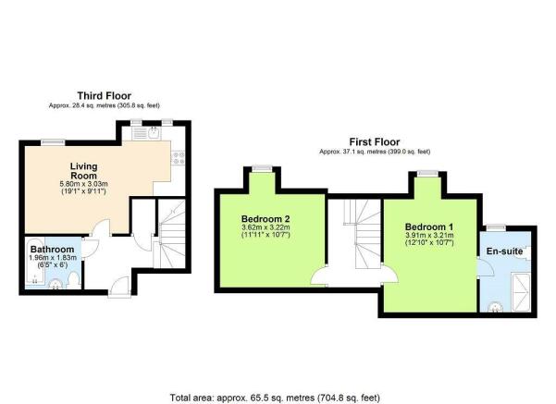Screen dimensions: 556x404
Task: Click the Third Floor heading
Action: click(x=105, y=96)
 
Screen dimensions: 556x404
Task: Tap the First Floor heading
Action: click(x=375, y=142)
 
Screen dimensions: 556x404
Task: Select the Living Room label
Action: click(x=83, y=171)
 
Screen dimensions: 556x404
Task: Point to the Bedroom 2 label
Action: click(x=266, y=219)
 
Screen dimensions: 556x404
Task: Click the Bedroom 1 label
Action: click(x=429, y=226)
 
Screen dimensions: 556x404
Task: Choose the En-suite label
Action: click(x=504, y=251)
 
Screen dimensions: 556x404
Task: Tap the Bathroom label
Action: click(x=52, y=249)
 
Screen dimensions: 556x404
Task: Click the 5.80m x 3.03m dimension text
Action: click(x=83, y=184)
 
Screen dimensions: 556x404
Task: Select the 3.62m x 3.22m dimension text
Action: click(x=266, y=227)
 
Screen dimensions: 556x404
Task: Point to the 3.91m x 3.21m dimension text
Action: click(x=429, y=236)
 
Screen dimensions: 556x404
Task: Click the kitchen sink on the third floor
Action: click(x=154, y=133)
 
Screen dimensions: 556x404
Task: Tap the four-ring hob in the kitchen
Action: click(x=178, y=158)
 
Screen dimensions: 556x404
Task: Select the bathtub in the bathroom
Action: click(x=35, y=262)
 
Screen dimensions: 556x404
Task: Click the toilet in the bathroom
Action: click(x=74, y=280)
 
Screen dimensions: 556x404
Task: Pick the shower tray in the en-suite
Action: click(x=522, y=293)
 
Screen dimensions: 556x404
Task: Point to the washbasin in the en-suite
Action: click(x=495, y=307)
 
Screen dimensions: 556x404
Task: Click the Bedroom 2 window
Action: click(x=263, y=168)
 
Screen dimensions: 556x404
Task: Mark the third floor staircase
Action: click(x=171, y=234)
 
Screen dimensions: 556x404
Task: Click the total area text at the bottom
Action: click(x=275, y=398)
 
